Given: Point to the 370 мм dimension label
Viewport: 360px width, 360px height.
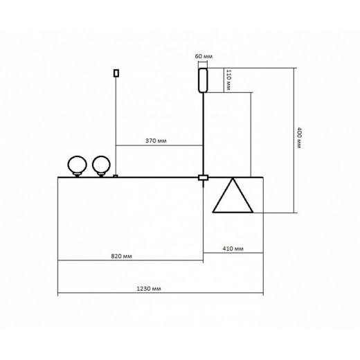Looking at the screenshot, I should point(156,140).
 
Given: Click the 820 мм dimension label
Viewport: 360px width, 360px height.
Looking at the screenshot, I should point(122,255).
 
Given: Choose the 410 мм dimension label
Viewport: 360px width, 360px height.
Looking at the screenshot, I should point(233,249).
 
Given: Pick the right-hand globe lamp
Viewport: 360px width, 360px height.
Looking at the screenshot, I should point(102,165).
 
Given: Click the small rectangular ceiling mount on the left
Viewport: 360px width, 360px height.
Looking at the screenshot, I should point(116,71).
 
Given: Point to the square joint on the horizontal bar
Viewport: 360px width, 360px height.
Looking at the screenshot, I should point(203,178).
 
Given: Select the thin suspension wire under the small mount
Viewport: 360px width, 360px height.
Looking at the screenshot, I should point(116,125).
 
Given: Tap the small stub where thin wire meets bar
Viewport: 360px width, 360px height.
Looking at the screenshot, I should point(116,176).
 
